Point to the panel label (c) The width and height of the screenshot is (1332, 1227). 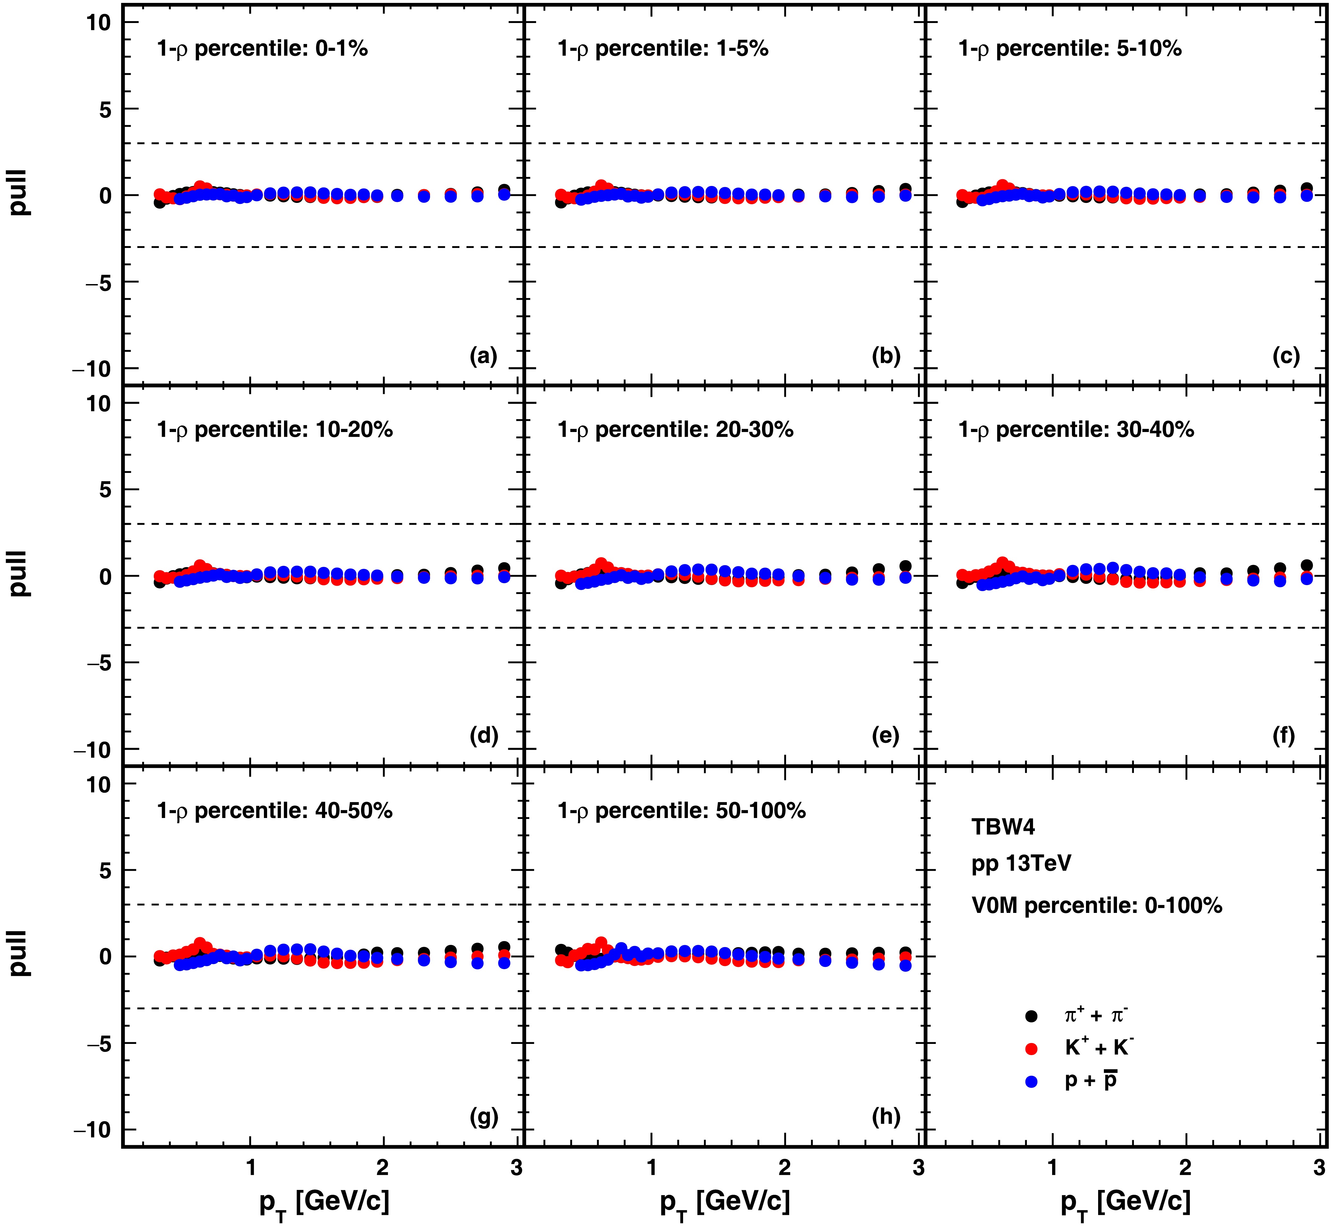[x=1286, y=357]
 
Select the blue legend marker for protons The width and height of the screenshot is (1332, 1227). [x=1031, y=1082]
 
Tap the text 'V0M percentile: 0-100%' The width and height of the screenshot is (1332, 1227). [x=1096, y=906]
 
